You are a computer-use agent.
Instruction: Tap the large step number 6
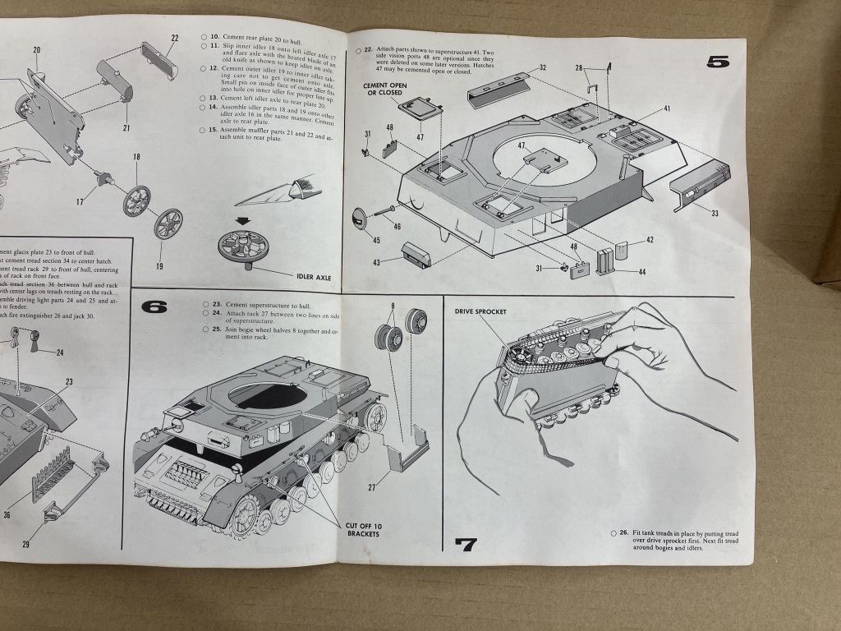pos(154,307)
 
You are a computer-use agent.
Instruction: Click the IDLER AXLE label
pos(308,278)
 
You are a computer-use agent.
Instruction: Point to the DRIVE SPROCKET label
pos(481,311)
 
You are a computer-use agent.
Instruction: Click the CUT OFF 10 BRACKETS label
pos(364,531)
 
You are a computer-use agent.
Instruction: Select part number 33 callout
pos(715,213)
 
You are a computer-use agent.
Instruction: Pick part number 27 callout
pos(371,486)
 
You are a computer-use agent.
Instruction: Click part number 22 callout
pos(175,38)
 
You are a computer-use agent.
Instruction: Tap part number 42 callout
pos(649,240)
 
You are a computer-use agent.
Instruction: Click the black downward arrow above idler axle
pos(244,220)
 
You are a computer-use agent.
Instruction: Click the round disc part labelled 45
pos(360,219)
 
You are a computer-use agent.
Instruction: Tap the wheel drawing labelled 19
pos(168,223)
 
